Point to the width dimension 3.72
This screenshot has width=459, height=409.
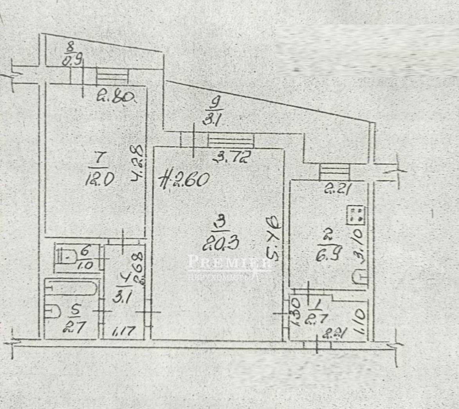click(x=231, y=158)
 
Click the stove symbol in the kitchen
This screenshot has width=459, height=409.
click(x=356, y=215)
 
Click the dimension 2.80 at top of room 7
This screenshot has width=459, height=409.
click(x=115, y=96)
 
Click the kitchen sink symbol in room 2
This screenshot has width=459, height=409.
click(x=360, y=278)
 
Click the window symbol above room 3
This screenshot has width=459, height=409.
click(x=231, y=140)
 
